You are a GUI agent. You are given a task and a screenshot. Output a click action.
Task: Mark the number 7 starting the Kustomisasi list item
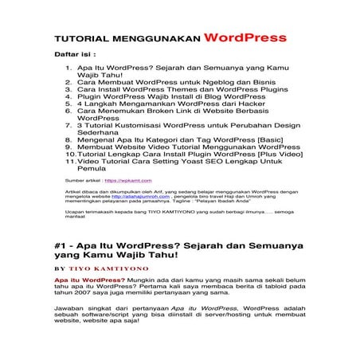(69, 125)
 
